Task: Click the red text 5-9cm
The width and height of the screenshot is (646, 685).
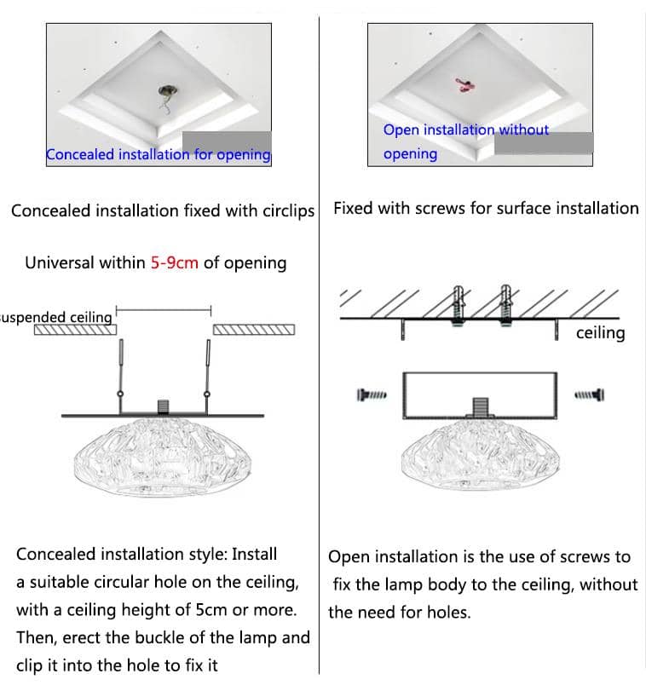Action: pyautogui.click(x=175, y=262)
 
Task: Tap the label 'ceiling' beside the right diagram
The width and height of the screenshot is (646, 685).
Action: pyautogui.click(x=600, y=332)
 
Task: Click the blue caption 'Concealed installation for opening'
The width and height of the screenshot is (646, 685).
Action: pyautogui.click(x=158, y=154)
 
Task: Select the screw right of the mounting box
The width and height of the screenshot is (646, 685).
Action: pyautogui.click(x=590, y=394)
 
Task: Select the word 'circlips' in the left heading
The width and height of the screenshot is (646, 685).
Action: pyautogui.click(x=285, y=210)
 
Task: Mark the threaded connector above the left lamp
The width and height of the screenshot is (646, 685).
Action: pyautogui.click(x=162, y=406)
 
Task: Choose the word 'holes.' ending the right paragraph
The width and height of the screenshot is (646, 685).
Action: pyautogui.click(x=447, y=612)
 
